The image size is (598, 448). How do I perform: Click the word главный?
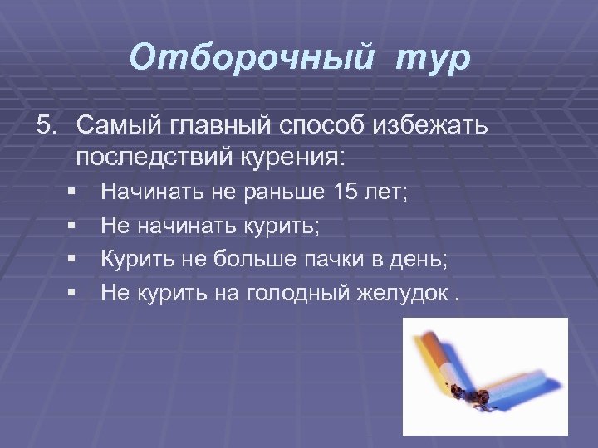click(x=224, y=127)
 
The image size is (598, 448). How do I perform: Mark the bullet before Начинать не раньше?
click(x=73, y=193)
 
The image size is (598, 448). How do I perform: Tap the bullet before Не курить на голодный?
click(x=73, y=291)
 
